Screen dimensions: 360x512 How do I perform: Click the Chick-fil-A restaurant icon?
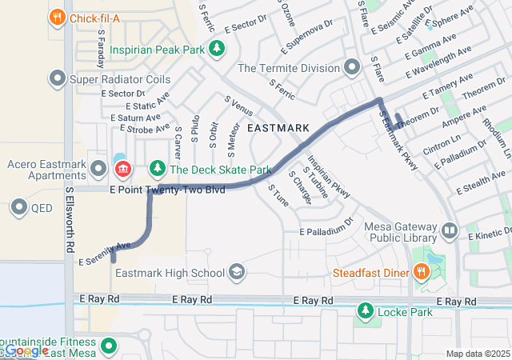tap(57, 17)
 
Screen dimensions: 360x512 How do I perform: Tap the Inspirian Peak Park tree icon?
tap(215, 49)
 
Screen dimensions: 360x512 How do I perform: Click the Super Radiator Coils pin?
tap(58, 79)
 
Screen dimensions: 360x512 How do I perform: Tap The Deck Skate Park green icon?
tap(158, 169)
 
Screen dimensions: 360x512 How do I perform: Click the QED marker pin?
tap(19, 208)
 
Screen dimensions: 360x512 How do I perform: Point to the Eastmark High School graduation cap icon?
tap(236, 273)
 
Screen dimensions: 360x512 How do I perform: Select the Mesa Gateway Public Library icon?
tap(450, 231)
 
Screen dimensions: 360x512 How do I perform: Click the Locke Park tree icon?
tap(366, 309)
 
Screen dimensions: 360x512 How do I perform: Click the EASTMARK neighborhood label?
tap(279, 127)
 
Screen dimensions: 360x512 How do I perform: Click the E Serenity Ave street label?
tap(104, 253)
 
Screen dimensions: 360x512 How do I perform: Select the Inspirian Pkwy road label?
tap(329, 176)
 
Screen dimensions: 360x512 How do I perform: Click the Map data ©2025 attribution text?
tap(477, 354)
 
